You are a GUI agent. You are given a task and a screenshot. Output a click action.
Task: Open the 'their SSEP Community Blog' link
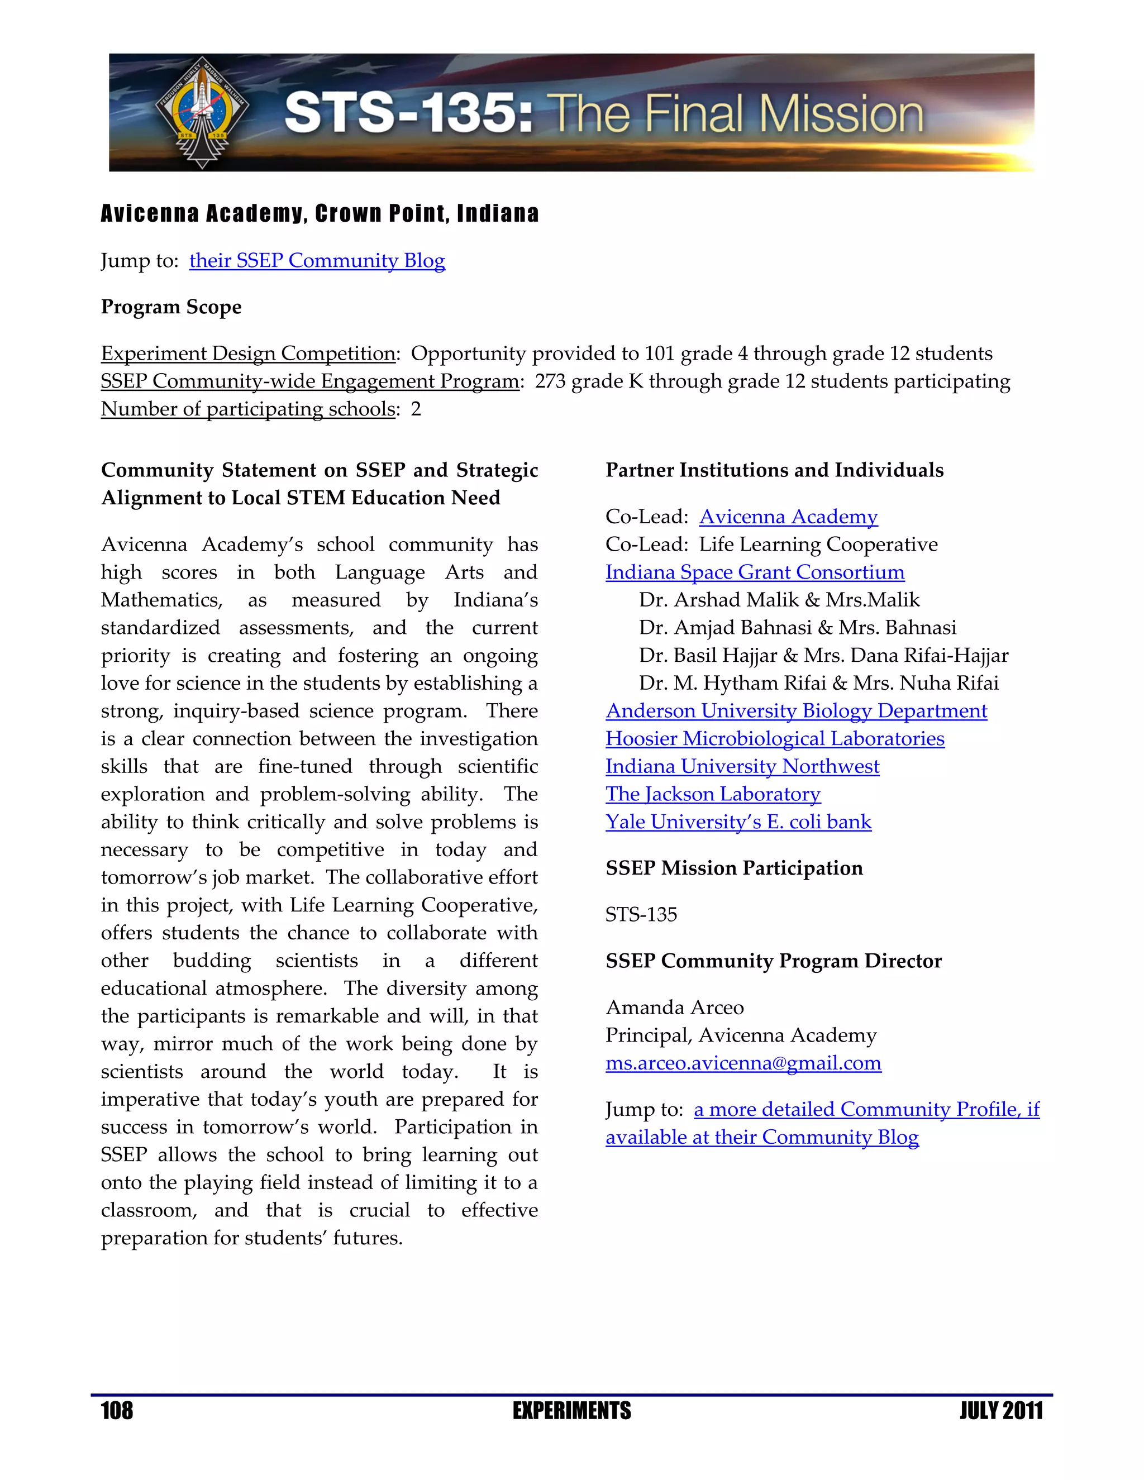coord(317,261)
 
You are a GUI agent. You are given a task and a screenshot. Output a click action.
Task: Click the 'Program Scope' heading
coord(171,307)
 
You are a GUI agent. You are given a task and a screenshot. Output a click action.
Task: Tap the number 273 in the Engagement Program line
coord(550,381)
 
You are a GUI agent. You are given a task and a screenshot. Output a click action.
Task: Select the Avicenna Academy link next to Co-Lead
coord(788,517)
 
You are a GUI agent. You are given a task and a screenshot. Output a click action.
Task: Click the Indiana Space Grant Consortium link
coord(754,572)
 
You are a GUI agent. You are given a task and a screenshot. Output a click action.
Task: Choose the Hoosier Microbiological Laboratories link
coord(775,739)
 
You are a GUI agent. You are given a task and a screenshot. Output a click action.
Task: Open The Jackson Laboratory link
coord(712,794)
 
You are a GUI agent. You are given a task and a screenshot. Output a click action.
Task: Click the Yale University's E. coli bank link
coord(738,822)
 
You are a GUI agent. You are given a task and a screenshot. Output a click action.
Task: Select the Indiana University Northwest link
coord(742,766)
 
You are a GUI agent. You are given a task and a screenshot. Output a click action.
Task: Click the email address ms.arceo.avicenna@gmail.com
coord(743,1063)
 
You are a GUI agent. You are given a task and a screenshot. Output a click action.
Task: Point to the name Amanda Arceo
coord(674,1008)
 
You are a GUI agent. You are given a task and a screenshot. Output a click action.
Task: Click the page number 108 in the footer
coord(117,1411)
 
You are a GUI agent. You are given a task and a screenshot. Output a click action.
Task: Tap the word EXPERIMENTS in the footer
coord(571,1411)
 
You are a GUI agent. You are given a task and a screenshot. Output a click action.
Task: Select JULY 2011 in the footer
coord(1000,1411)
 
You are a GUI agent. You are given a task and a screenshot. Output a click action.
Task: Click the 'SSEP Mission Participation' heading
coord(733,868)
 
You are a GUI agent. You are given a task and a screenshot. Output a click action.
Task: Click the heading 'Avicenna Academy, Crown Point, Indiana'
coord(319,214)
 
